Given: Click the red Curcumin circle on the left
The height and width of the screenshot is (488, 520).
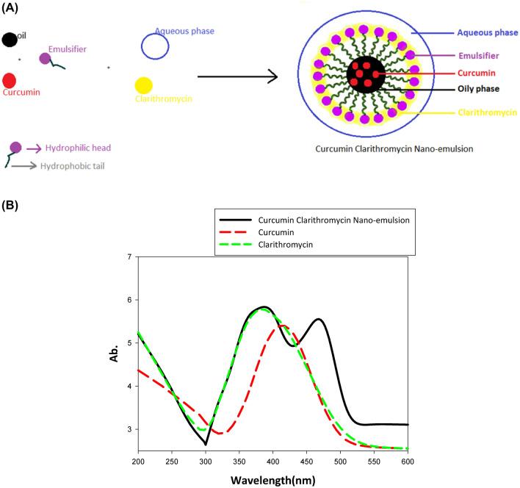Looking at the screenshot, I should [10, 80].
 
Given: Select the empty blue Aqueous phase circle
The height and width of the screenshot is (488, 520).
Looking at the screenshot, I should [155, 46].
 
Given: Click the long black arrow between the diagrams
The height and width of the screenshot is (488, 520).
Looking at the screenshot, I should [236, 76].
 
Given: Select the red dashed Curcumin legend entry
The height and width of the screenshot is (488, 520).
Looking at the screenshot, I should [275, 233].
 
